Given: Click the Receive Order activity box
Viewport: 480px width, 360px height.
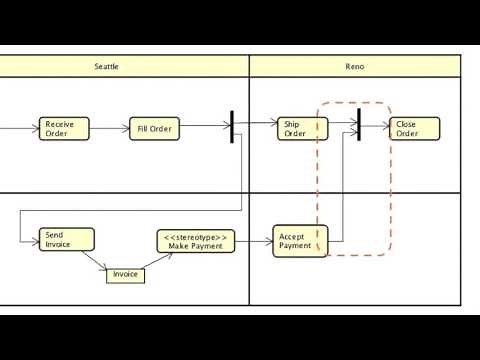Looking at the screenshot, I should [64, 129].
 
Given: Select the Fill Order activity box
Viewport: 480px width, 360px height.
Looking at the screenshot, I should [154, 129].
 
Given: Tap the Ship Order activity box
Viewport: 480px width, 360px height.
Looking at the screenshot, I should [300, 129].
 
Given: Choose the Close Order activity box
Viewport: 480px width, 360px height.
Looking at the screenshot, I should [408, 129].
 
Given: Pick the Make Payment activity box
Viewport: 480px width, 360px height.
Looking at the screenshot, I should [196, 241].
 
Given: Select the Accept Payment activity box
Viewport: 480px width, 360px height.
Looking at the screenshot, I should [300, 241].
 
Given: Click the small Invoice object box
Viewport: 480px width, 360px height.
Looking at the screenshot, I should [125, 274].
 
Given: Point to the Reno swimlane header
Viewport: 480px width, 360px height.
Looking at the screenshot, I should [354, 66].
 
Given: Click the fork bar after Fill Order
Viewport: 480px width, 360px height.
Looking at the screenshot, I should [232, 126].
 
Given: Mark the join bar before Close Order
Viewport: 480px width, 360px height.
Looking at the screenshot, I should [357, 126].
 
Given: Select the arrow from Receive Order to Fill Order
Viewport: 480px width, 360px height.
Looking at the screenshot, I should [108, 129].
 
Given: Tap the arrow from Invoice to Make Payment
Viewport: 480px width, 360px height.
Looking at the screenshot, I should [156, 262].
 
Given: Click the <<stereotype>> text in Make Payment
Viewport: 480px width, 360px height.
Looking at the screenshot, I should [196, 236].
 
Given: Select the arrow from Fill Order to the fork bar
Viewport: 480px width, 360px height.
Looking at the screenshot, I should [204, 127].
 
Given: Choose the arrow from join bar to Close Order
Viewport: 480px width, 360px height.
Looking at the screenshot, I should [374, 126].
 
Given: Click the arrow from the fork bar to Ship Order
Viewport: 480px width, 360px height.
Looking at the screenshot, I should [254, 123].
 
